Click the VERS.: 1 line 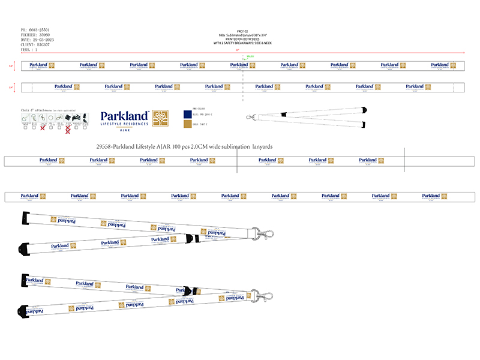point(28,50)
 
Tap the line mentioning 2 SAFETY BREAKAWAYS point(242,44)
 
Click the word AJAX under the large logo point(125,130)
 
